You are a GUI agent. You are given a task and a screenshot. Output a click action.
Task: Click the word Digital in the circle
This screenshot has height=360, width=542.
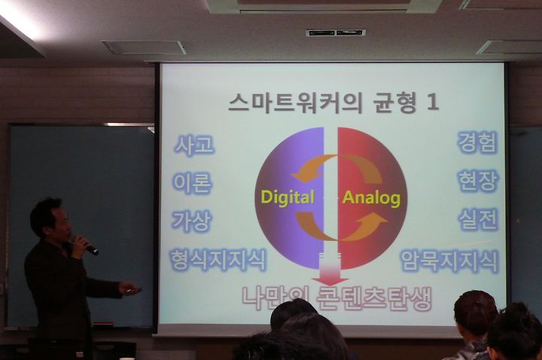(x=288, y=197)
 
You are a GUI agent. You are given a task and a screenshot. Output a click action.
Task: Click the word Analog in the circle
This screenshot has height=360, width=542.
(x=371, y=197)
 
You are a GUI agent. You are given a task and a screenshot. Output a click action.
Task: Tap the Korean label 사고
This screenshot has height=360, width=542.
(x=194, y=145)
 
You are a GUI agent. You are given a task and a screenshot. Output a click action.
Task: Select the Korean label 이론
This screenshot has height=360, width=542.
(x=192, y=183)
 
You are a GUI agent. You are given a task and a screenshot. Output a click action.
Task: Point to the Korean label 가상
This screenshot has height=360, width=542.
(x=191, y=221)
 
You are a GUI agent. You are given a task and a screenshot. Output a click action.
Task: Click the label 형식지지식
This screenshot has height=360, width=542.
(x=218, y=260)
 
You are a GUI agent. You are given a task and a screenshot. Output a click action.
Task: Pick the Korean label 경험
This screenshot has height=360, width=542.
(x=478, y=142)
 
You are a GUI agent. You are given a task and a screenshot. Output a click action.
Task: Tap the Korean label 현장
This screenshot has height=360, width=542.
(x=479, y=181)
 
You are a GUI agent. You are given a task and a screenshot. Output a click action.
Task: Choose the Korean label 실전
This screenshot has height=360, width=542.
(x=479, y=219)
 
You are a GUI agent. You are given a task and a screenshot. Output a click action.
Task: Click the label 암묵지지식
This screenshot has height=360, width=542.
(x=449, y=261)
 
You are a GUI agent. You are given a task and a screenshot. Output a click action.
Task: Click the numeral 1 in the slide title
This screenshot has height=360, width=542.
(x=432, y=102)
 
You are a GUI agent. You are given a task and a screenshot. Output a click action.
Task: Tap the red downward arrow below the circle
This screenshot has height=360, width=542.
(x=330, y=269)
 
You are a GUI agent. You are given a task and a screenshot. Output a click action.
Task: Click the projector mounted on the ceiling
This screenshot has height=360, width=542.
(x=336, y=33)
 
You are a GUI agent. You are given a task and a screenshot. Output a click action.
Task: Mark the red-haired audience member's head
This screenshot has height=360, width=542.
(x=475, y=313)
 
